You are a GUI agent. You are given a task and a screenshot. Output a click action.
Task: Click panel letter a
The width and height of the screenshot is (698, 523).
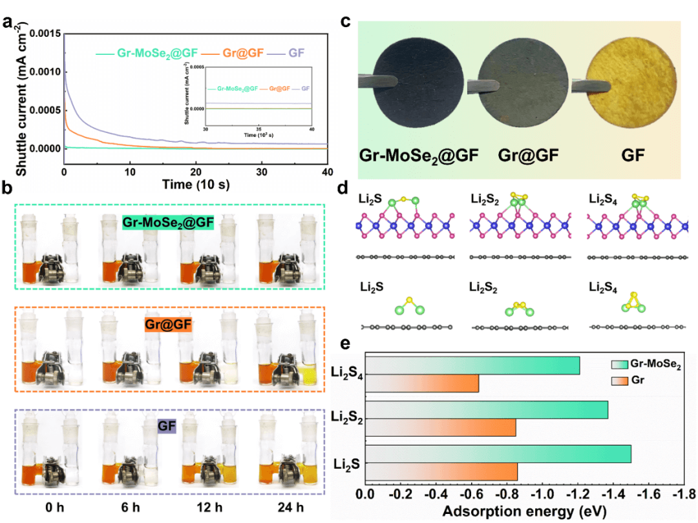click(8, 24)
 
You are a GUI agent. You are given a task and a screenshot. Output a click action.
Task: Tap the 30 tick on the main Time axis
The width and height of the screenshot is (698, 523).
click(261, 172)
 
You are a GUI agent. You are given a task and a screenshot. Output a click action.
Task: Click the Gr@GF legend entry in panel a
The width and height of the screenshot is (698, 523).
click(239, 54)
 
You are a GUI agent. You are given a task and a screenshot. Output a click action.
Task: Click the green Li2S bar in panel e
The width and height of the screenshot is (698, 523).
click(498, 453)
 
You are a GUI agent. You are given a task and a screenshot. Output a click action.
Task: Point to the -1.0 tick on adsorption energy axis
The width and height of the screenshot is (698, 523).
click(544, 494)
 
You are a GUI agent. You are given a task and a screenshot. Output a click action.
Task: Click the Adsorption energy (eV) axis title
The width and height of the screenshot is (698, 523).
click(522, 512)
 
